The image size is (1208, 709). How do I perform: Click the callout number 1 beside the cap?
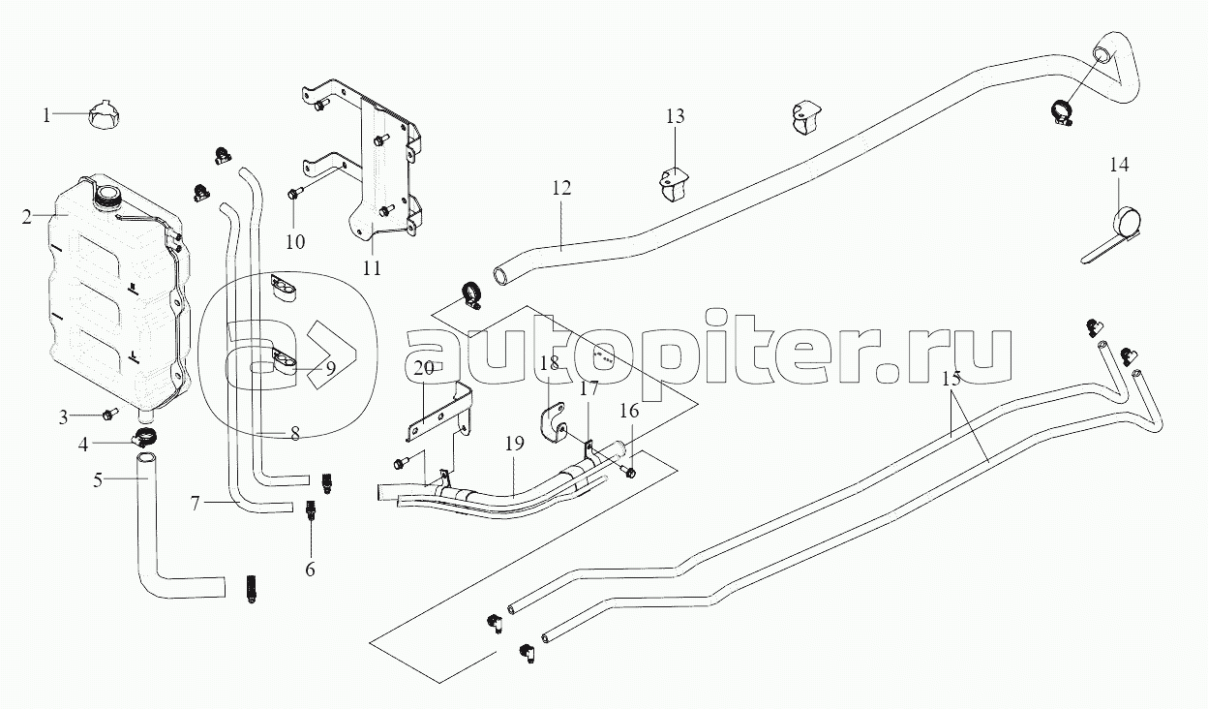click(46, 115)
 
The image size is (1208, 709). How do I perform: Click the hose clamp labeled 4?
click(144, 437)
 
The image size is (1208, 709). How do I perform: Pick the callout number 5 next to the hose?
click(98, 479)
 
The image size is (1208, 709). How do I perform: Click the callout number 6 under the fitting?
click(310, 570)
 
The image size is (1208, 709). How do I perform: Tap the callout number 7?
click(196, 504)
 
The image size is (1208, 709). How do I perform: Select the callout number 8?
click(295, 434)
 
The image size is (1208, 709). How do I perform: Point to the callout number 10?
click(295, 242)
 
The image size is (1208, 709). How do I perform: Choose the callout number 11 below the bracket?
click(372, 268)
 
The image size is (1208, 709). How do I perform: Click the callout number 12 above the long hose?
click(561, 188)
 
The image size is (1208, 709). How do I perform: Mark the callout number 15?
click(951, 379)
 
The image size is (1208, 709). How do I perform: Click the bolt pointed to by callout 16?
click(629, 473)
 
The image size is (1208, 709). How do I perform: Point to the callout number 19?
click(515, 444)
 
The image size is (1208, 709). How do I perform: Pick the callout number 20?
click(424, 369)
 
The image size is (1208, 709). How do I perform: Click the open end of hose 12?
click(500, 276)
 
